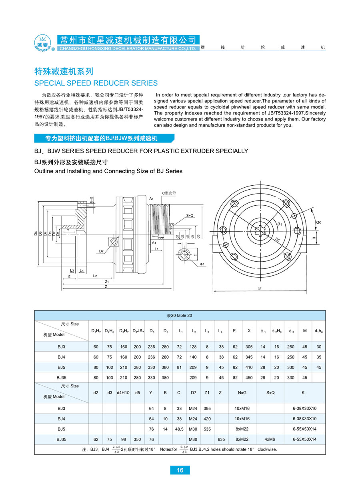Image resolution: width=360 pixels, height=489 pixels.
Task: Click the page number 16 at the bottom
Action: (180, 470)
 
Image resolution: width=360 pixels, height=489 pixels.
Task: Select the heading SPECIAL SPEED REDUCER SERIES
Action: (96, 83)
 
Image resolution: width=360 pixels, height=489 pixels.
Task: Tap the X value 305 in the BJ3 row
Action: (249, 347)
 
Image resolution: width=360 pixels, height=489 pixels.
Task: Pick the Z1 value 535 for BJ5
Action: (206, 429)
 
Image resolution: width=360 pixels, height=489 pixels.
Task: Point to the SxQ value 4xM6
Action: (270, 439)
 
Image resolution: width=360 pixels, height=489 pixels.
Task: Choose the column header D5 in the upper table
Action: (151, 331)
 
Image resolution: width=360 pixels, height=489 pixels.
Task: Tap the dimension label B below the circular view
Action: (259, 288)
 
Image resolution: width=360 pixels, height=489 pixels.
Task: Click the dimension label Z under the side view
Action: (106, 287)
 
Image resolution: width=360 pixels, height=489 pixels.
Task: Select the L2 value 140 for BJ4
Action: (194, 357)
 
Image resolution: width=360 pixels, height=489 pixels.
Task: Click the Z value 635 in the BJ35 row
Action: (220, 439)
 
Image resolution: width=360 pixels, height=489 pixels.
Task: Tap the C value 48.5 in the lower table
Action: (179, 429)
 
